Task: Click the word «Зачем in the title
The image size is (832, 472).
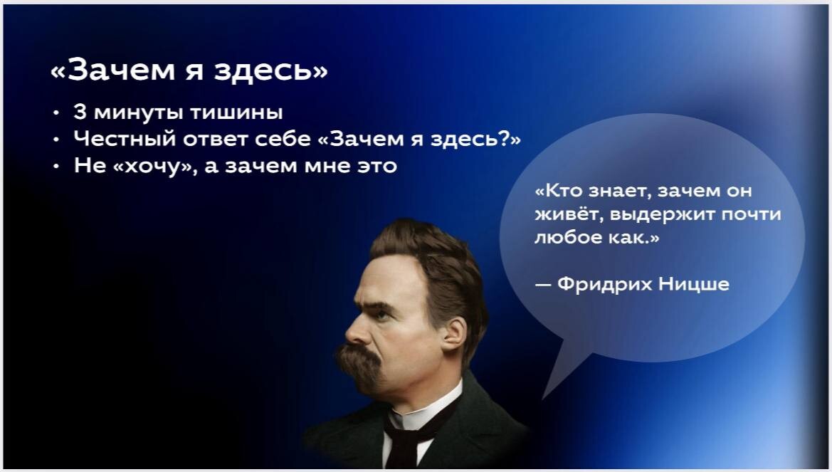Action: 113,70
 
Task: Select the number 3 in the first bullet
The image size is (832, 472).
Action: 80,112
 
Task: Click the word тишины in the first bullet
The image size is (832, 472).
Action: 236,112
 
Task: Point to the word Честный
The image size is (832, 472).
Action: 125,139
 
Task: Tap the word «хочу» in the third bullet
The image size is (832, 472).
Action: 154,166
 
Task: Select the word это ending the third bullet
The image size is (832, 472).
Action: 377,166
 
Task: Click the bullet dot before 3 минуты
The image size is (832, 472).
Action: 56,112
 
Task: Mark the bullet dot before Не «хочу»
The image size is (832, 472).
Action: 56,166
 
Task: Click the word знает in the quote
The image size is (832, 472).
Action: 620,191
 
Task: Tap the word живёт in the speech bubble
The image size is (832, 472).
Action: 568,214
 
